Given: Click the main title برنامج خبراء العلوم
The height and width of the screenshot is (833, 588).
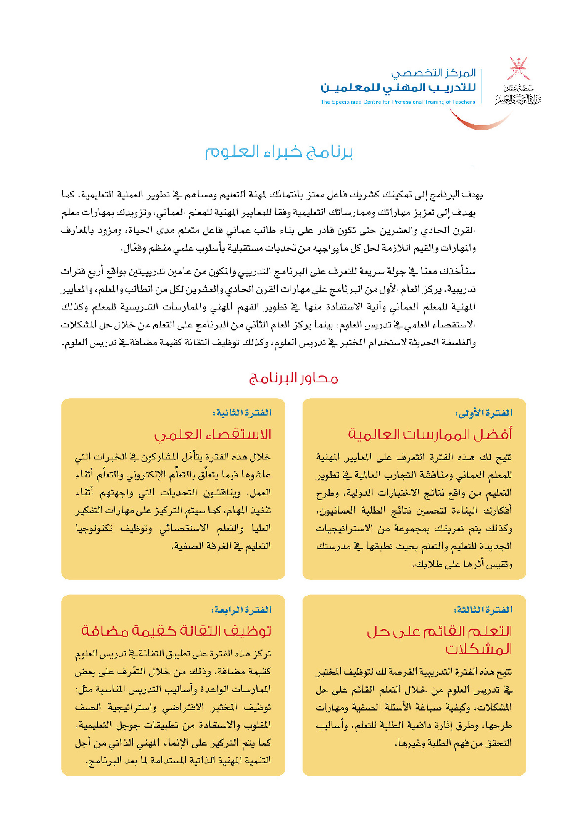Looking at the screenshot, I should pyautogui.click(x=279, y=152).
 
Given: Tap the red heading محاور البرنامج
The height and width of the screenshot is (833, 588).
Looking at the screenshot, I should pyautogui.click(x=293, y=378).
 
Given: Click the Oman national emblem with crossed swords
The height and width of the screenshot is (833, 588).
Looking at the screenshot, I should pyautogui.click(x=518, y=68).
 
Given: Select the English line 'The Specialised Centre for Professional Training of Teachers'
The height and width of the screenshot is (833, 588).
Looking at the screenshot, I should pyautogui.click(x=397, y=102).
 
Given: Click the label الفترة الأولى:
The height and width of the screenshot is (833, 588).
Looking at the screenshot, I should pyautogui.click(x=484, y=413).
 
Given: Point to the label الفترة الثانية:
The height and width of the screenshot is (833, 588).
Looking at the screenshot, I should pyautogui.click(x=242, y=413).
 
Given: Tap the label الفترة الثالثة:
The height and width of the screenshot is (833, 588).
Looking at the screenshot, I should pyautogui.click(x=483, y=610).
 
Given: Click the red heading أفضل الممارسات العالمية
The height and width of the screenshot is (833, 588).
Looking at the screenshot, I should pyautogui.click(x=430, y=434).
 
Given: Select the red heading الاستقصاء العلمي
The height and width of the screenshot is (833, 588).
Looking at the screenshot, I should pyautogui.click(x=213, y=434).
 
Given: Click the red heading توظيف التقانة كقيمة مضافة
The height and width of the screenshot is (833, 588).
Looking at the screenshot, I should pyautogui.click(x=176, y=631).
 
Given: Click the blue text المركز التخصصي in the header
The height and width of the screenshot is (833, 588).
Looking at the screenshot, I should pyautogui.click(x=433, y=73).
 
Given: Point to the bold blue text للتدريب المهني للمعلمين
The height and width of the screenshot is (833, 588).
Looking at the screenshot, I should pyautogui.click(x=398, y=88).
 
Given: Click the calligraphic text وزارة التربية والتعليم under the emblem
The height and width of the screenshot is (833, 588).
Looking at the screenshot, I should pyautogui.click(x=518, y=99).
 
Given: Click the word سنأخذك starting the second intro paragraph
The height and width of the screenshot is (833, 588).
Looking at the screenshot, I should pyautogui.click(x=462, y=272).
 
